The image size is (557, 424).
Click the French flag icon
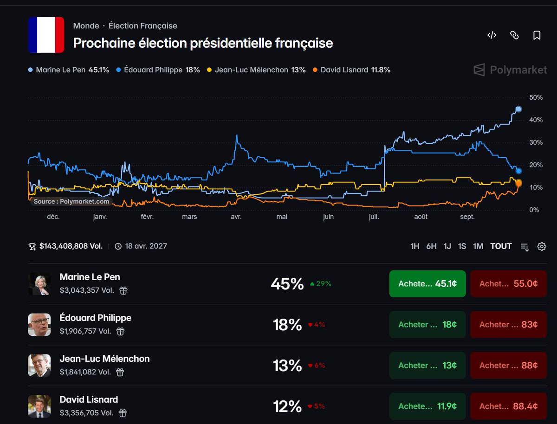click(x=46, y=35)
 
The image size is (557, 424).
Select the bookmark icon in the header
click(x=537, y=35)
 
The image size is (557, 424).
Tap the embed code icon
click(x=492, y=35)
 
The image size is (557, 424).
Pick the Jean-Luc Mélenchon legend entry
click(x=256, y=70)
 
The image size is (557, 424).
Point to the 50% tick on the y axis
click(x=536, y=97)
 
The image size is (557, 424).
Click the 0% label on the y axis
click(x=534, y=210)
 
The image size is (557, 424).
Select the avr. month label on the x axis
click(x=236, y=217)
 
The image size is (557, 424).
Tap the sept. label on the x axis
click(x=467, y=217)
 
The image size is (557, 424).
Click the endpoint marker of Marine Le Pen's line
click(x=518, y=109)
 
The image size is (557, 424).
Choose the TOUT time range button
click(x=501, y=246)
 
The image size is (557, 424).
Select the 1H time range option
click(x=415, y=246)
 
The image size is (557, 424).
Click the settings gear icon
click(x=542, y=246)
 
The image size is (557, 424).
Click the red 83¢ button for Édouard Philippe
click(x=508, y=324)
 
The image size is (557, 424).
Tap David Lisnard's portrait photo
click(x=39, y=406)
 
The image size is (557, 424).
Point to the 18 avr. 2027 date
click(x=146, y=246)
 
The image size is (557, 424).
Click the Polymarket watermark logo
click(x=510, y=70)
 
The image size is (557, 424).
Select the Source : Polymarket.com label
click(x=71, y=201)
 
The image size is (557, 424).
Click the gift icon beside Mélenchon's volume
click(x=120, y=372)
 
